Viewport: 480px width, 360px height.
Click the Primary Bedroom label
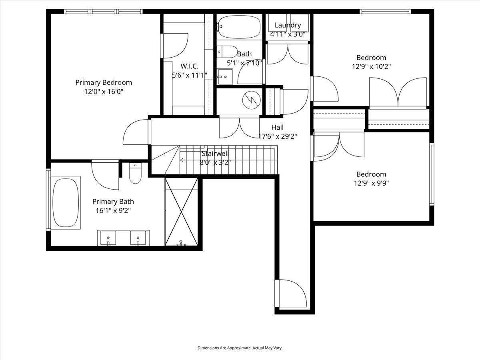click(x=104, y=82)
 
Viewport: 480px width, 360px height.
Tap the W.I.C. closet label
click(x=189, y=66)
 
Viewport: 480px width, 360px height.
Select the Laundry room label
click(x=288, y=25)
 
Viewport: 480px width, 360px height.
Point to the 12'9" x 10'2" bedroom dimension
click(x=371, y=66)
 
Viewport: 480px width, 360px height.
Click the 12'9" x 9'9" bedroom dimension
click(x=371, y=183)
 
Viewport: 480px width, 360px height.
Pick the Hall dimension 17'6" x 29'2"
click(x=277, y=136)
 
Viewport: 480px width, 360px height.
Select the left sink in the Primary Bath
click(x=108, y=238)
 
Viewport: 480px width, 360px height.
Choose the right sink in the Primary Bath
click(x=138, y=238)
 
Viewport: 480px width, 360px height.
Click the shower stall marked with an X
click(x=181, y=212)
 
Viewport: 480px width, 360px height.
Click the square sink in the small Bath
click(x=224, y=76)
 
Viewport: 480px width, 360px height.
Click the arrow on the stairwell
click(x=182, y=160)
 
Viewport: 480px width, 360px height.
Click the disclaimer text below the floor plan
click(x=240, y=348)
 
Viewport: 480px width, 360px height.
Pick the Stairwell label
click(x=215, y=153)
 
